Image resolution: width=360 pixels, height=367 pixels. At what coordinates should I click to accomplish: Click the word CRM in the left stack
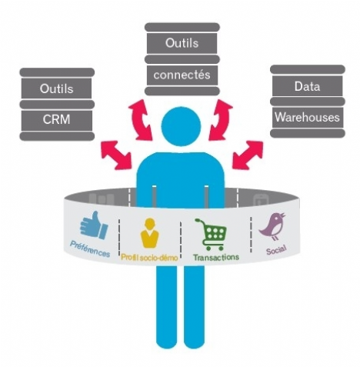click(56, 119)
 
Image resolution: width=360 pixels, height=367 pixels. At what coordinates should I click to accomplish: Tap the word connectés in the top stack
click(182, 75)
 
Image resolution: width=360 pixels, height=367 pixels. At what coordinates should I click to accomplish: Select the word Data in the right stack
click(307, 86)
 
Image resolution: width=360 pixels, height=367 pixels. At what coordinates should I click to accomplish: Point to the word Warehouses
click(307, 117)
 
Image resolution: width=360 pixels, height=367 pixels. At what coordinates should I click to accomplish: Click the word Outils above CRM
click(56, 88)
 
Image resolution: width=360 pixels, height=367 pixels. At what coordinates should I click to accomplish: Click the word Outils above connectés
click(182, 43)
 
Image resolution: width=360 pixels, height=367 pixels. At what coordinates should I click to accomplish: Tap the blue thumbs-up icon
click(94, 225)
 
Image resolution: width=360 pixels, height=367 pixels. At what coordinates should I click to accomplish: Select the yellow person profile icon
click(149, 233)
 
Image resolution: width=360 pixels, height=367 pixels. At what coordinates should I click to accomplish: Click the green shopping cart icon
click(212, 234)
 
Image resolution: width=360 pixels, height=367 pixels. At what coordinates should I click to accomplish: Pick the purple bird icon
click(273, 226)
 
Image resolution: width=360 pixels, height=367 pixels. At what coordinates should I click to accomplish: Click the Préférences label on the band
click(90, 249)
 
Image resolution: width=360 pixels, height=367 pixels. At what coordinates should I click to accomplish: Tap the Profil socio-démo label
click(149, 257)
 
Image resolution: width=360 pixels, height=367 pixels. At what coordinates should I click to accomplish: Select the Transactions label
click(216, 257)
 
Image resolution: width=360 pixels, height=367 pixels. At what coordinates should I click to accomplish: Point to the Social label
click(276, 249)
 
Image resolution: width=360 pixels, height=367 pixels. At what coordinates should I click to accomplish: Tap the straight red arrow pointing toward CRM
click(116, 155)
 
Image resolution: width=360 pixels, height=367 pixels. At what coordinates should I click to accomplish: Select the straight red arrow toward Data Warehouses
click(248, 155)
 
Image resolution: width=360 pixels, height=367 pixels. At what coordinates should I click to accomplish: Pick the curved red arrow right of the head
click(221, 120)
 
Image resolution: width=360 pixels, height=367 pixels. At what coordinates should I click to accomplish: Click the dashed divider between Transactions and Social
click(251, 235)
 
